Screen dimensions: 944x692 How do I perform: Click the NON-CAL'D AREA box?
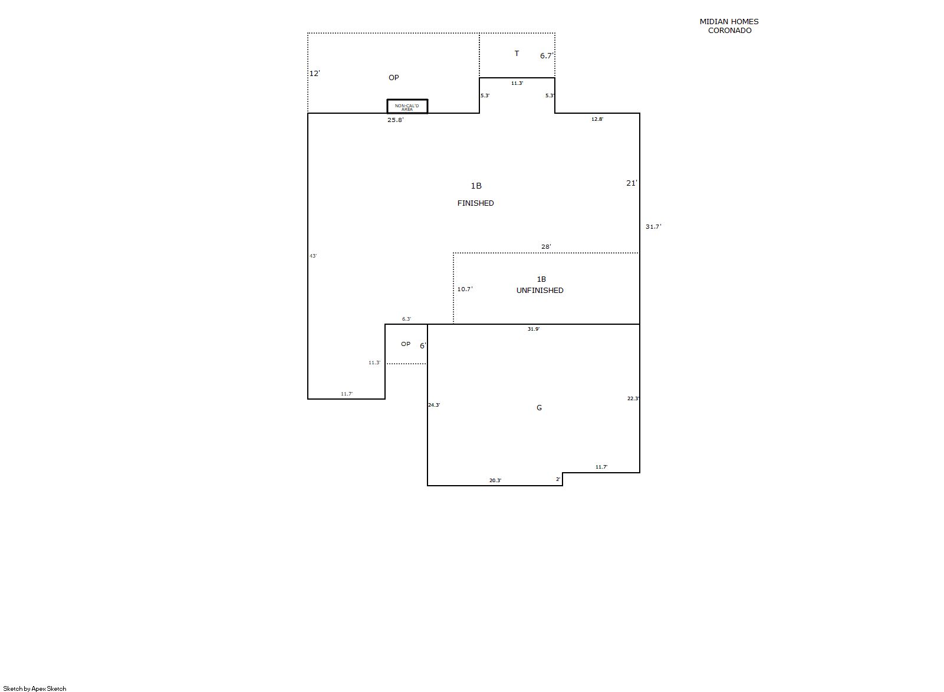pyautogui.click(x=407, y=107)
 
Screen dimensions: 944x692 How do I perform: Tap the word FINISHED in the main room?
pyautogui.click(x=475, y=203)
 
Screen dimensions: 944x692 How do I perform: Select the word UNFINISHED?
pyautogui.click(x=540, y=291)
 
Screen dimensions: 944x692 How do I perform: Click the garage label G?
pyautogui.click(x=539, y=408)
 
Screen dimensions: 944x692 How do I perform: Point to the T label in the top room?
pyautogui.click(x=517, y=54)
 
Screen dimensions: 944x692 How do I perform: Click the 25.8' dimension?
pyautogui.click(x=395, y=120)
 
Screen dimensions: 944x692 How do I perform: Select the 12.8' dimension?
pyautogui.click(x=597, y=119)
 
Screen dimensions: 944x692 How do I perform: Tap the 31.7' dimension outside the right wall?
pyautogui.click(x=653, y=226)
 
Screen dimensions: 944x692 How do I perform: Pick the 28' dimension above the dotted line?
pyautogui.click(x=546, y=247)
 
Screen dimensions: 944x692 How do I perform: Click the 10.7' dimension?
pyautogui.click(x=465, y=289)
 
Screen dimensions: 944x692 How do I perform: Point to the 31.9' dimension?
pyautogui.click(x=534, y=329)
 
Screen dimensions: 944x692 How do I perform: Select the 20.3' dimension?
pyautogui.click(x=495, y=480)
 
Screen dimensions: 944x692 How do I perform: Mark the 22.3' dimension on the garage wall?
pyautogui.click(x=633, y=398)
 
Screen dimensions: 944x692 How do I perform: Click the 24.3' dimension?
pyautogui.click(x=434, y=405)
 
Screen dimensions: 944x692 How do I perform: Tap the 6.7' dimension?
pyautogui.click(x=547, y=56)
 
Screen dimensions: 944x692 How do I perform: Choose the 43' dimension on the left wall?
pyautogui.click(x=313, y=256)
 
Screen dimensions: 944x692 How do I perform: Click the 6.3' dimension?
pyautogui.click(x=406, y=319)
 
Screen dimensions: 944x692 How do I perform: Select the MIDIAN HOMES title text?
pyautogui.click(x=729, y=21)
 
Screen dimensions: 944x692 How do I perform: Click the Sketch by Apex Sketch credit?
pyautogui.click(x=35, y=688)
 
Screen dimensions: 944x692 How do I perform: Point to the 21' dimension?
pyautogui.click(x=631, y=183)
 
